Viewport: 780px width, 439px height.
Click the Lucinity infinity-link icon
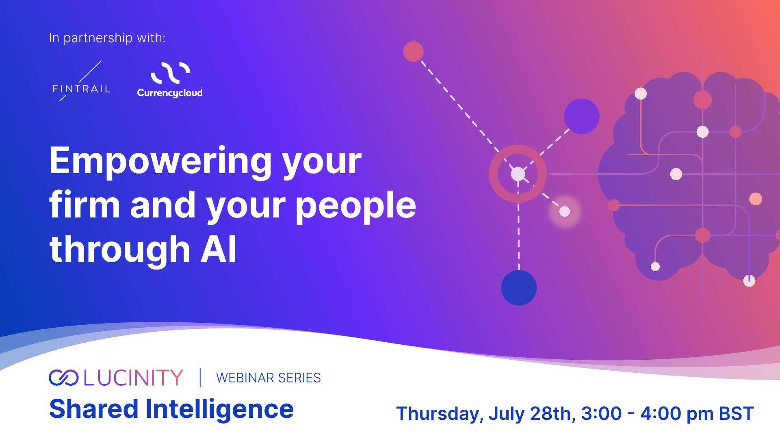click(63, 378)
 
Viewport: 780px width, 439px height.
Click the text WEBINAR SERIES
click(269, 378)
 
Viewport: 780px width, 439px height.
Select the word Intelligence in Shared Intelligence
click(219, 409)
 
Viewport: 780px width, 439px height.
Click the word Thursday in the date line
click(440, 414)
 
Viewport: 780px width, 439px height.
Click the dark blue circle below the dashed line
click(519, 288)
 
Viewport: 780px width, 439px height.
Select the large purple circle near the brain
click(581, 116)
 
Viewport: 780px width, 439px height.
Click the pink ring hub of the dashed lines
click(518, 174)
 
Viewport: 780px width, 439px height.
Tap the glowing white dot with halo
click(565, 211)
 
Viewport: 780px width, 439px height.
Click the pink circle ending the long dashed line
click(413, 52)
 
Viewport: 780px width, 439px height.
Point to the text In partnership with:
click(107, 38)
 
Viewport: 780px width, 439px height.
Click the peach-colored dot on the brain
click(756, 199)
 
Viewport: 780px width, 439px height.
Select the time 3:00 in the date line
click(602, 414)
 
